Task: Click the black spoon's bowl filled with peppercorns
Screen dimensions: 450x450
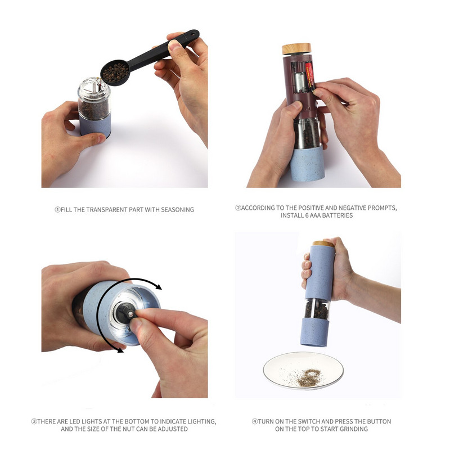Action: (115, 73)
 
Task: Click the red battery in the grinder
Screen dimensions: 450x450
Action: (310, 76)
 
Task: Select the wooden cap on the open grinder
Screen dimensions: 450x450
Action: (296, 49)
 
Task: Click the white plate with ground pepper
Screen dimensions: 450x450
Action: (303, 371)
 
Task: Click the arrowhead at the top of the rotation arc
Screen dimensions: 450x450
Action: (157, 286)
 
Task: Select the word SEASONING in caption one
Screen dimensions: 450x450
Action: (177, 210)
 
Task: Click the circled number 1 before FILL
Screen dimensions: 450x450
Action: (57, 210)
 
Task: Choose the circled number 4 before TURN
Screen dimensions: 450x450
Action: (255, 421)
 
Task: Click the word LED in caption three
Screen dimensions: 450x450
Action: (75, 421)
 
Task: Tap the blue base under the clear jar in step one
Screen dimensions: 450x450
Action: (95, 125)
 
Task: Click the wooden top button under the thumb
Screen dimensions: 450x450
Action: (323, 244)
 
